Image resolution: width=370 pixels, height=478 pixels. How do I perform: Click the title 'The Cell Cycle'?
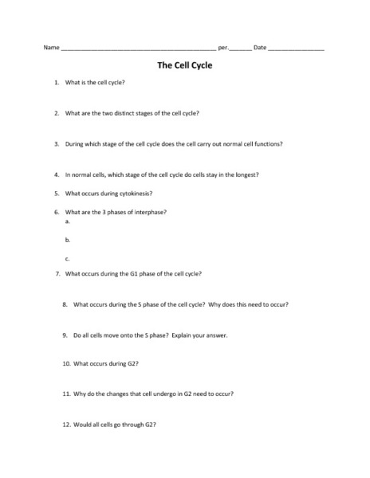[185, 67]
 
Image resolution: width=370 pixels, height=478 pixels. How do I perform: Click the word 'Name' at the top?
[52, 48]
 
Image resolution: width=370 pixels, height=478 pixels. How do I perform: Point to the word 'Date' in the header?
[260, 48]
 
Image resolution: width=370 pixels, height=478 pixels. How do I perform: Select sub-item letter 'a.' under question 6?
[68, 221]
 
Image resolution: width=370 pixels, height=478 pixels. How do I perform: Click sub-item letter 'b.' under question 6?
[68, 240]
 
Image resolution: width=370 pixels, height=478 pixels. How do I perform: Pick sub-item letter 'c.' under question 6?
[68, 258]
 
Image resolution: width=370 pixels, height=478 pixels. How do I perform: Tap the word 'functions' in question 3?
[267, 144]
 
